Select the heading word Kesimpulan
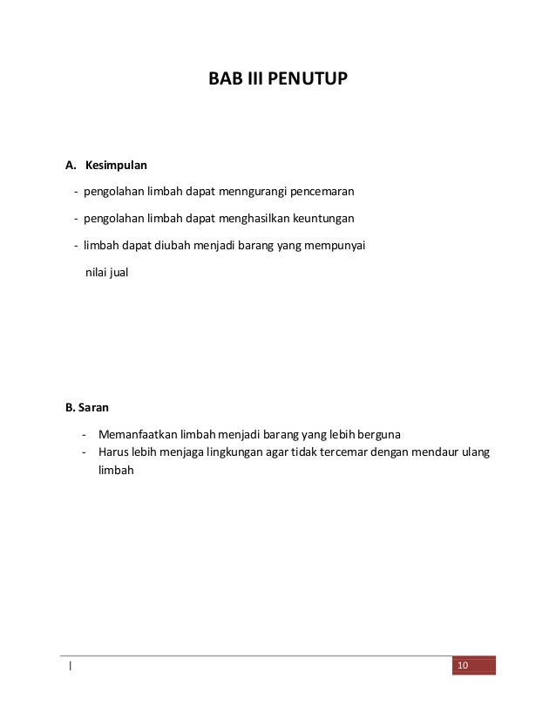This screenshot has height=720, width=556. pyautogui.click(x=116, y=164)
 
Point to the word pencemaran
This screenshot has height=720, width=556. pyautogui.click(x=322, y=191)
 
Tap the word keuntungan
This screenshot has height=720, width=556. pyautogui.click(x=325, y=219)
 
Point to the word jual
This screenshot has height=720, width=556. pyautogui.click(x=116, y=273)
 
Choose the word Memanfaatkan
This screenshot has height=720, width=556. pyautogui.click(x=138, y=434)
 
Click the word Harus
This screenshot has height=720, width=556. pyautogui.click(x=113, y=452)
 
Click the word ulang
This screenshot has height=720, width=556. pyautogui.click(x=475, y=452)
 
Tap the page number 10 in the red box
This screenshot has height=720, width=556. pyautogui.click(x=462, y=667)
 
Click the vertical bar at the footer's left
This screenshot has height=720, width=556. pyautogui.click(x=70, y=668)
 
